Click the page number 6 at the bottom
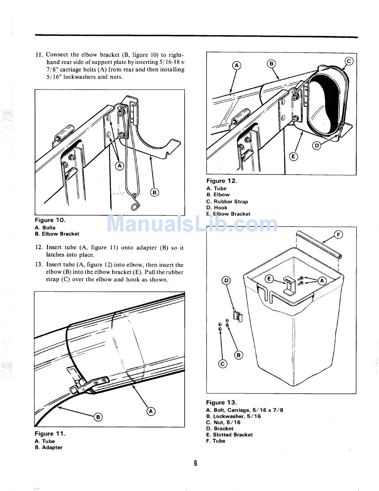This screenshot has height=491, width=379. [195, 463]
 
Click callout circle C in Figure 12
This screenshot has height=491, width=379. [349, 62]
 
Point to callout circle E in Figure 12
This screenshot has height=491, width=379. [293, 156]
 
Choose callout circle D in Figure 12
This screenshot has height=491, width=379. [317, 146]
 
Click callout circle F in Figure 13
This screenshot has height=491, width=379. [338, 235]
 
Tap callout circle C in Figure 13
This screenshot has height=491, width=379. [223, 364]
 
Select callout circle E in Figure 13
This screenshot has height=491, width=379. [269, 279]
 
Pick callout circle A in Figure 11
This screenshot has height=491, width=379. [151, 411]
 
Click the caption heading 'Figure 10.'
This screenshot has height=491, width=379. [50, 220]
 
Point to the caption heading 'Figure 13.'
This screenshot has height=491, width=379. [221, 403]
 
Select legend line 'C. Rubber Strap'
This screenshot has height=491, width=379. [227, 201]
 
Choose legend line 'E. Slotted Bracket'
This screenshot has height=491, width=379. [229, 435]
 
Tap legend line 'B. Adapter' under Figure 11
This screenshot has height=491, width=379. [48, 447]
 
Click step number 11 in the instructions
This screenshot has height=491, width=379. [39, 55]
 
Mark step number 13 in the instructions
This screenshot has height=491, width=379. [39, 265]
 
